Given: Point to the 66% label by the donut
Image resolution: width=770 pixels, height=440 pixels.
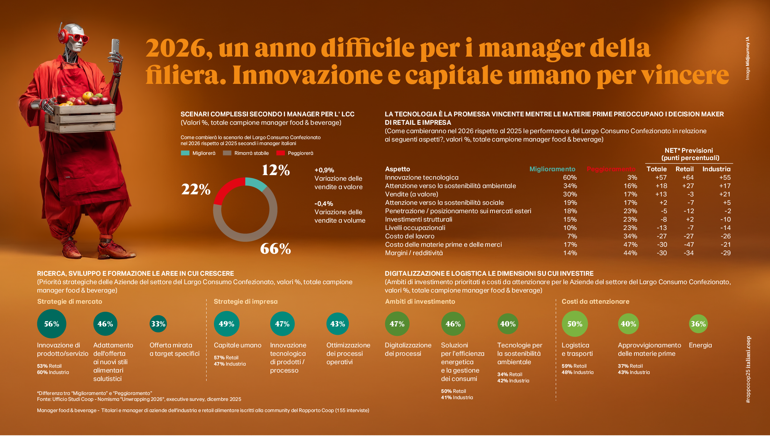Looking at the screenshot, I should click(x=275, y=249).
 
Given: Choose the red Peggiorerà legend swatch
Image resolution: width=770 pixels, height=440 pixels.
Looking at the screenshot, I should click(x=281, y=153).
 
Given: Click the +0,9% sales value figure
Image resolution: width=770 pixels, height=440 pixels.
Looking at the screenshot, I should click(x=324, y=170).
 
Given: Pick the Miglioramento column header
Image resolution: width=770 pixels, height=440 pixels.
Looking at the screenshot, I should click(x=552, y=169).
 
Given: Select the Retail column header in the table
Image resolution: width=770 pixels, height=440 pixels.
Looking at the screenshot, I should click(x=684, y=169).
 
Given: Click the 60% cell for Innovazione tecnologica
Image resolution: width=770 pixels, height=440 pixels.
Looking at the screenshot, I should click(x=570, y=178).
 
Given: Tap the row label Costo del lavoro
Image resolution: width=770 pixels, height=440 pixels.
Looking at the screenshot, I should click(x=410, y=236).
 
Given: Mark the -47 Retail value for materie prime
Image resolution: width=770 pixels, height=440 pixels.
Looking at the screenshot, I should click(x=689, y=245).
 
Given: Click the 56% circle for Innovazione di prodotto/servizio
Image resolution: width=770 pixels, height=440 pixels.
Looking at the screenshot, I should click(x=52, y=324).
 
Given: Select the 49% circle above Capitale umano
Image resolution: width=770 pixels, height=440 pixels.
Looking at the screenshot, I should click(x=226, y=324).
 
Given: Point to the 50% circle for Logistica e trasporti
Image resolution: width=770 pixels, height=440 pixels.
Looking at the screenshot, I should click(x=575, y=324).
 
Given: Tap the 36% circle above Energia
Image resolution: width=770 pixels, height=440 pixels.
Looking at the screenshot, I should click(x=698, y=324).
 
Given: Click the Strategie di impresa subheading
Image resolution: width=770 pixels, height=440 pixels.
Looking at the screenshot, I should click(x=246, y=302).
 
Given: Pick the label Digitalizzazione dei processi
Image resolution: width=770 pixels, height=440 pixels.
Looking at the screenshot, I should click(x=408, y=349).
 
